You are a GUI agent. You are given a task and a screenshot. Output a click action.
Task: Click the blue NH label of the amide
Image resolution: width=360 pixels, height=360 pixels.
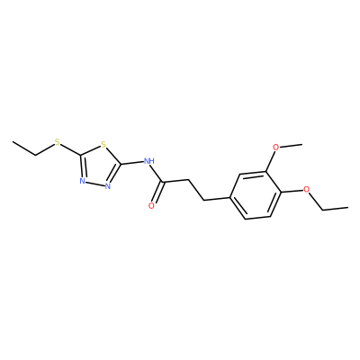[x=149, y=161]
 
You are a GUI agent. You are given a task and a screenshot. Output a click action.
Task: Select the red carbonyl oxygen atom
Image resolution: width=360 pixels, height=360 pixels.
[x=152, y=205]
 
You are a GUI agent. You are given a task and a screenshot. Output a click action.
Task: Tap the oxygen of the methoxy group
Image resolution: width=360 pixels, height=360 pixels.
[x=276, y=147]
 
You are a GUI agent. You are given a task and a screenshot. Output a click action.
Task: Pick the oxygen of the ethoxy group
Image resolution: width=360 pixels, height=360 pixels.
[x=306, y=189]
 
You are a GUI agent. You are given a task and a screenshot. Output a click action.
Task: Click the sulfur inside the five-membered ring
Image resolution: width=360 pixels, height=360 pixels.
[x=103, y=145]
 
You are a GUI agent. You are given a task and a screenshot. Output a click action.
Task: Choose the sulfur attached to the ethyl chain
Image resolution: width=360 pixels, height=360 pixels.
[x=58, y=141]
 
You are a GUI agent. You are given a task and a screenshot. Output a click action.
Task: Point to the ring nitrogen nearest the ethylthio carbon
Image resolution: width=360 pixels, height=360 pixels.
[x=82, y=181]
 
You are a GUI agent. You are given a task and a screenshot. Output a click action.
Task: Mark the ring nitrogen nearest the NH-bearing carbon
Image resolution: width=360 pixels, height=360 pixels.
[x=108, y=186]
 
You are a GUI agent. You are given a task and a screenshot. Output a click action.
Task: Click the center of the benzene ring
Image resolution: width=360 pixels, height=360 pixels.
[x=256, y=194]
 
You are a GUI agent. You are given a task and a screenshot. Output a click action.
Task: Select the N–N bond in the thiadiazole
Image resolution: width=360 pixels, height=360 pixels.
[x=94, y=184]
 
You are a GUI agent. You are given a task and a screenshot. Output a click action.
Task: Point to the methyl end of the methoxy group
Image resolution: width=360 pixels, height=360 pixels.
[x=301, y=144]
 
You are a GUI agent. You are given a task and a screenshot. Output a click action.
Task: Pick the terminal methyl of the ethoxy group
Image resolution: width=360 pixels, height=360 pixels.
[x=348, y=207]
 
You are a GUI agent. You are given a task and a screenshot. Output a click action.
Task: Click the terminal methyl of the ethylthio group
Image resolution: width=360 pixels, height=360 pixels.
[x=13, y=141]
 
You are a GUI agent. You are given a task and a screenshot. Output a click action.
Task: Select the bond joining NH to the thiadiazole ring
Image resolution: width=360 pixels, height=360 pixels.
[x=132, y=163]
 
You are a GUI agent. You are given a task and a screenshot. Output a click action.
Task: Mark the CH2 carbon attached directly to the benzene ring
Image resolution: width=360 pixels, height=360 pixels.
[x=204, y=201]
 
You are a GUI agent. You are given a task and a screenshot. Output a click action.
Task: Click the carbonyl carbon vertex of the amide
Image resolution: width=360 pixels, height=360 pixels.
[x=162, y=182]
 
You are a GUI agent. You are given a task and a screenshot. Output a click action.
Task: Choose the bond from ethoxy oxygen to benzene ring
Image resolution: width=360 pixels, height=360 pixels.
[x=292, y=191]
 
